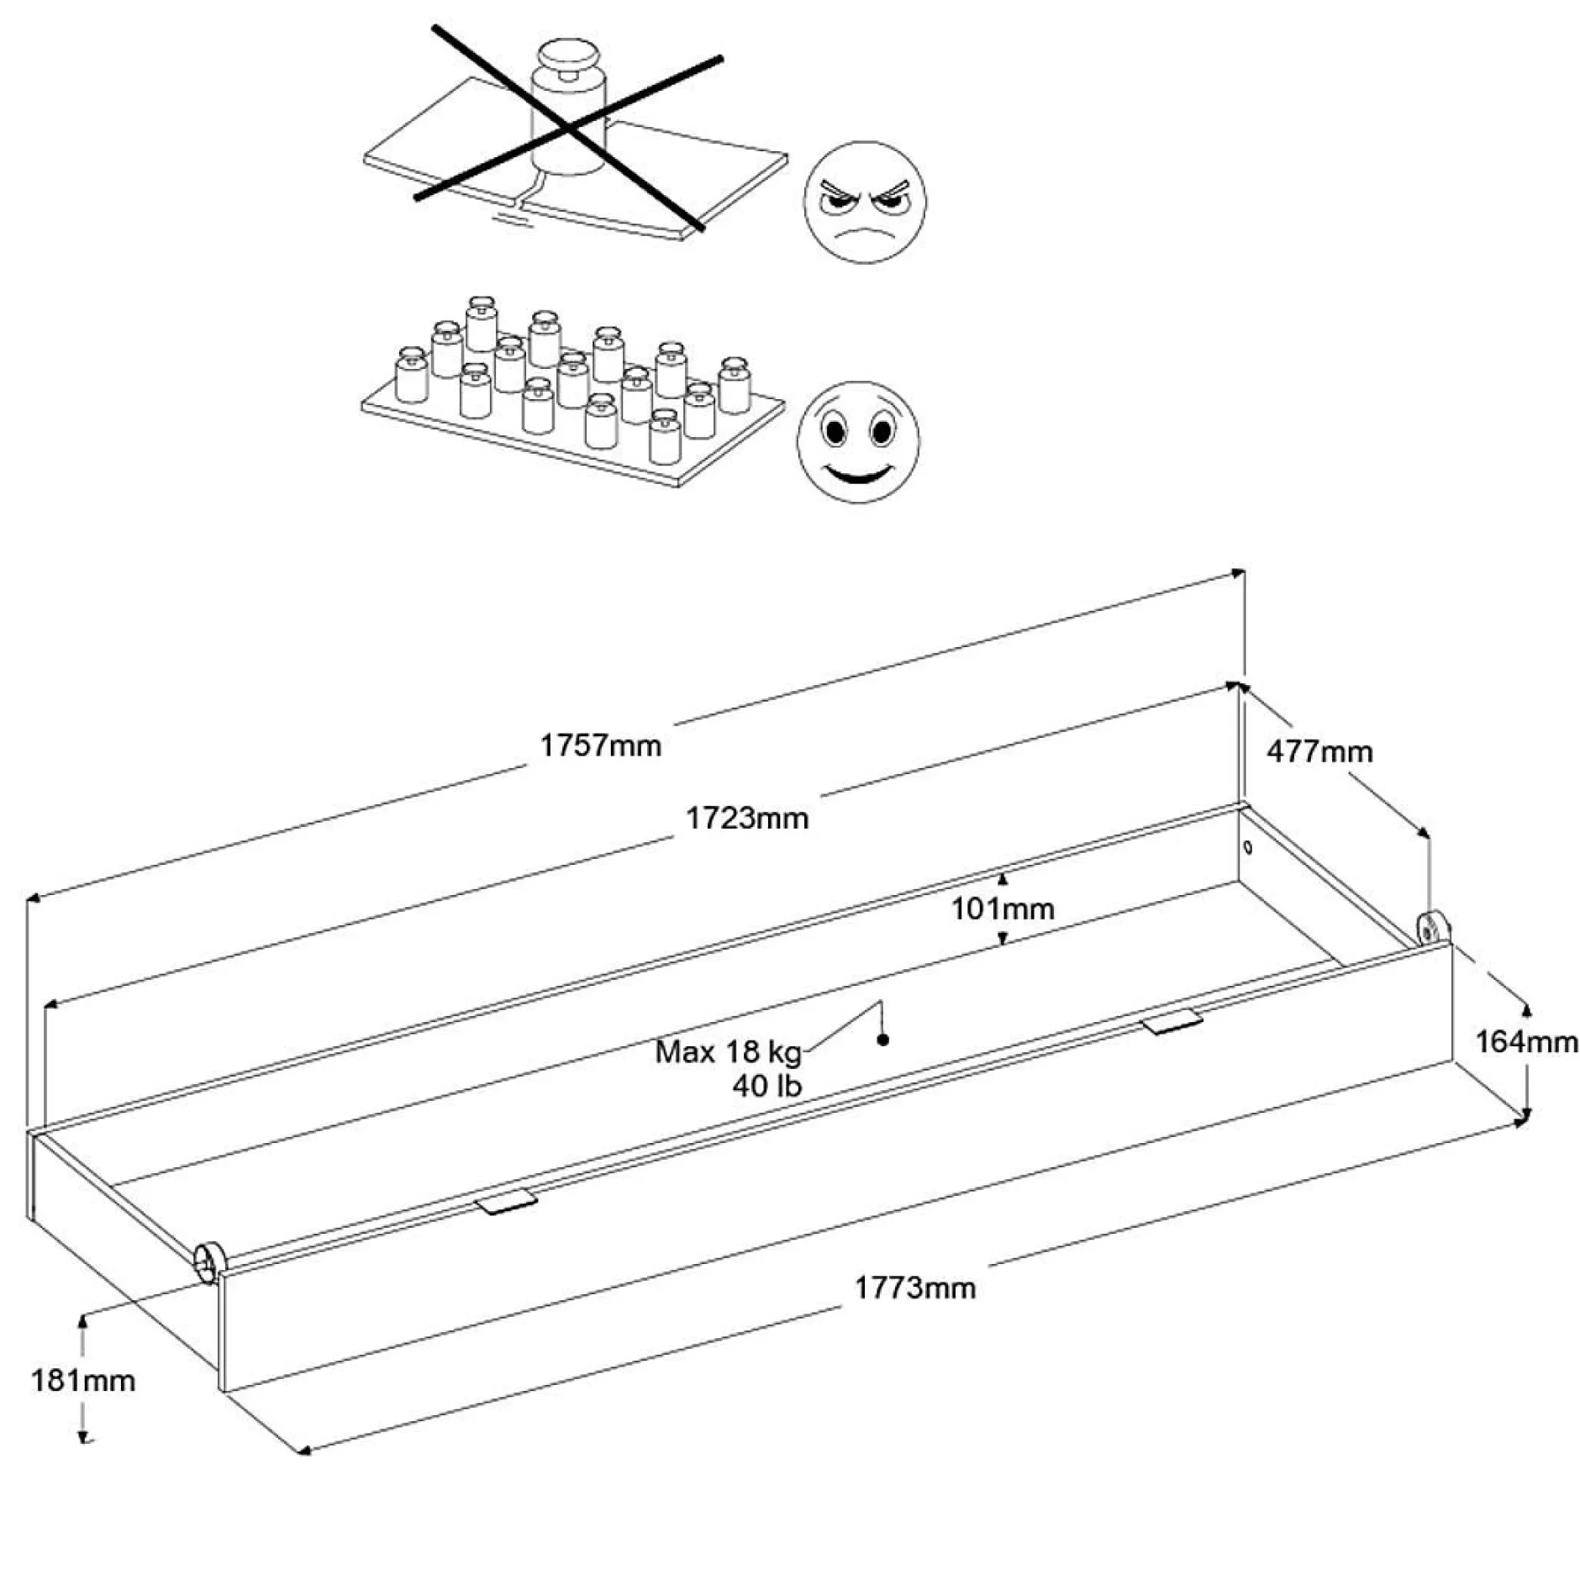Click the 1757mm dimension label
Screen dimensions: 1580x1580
click(x=600, y=745)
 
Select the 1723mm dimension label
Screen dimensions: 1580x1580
click(x=747, y=818)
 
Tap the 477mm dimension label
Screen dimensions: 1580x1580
click(x=1319, y=750)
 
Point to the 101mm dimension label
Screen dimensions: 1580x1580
click(x=1003, y=908)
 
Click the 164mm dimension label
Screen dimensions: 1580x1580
click(x=1526, y=1041)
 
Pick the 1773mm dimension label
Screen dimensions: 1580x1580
click(x=914, y=1288)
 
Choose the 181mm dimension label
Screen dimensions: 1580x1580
click(x=82, y=1380)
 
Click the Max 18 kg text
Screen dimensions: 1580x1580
click(x=728, y=1051)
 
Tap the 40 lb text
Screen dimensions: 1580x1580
click(x=766, y=1086)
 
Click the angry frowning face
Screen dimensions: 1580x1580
click(x=865, y=203)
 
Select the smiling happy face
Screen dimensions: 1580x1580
click(x=858, y=442)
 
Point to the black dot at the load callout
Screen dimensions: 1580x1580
click(x=882, y=1040)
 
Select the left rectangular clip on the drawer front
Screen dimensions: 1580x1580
click(x=506, y=1203)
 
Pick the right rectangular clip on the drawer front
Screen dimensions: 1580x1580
click(x=1172, y=1023)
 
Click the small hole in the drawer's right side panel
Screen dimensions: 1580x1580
click(x=1247, y=846)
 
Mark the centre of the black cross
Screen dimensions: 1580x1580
click(x=569, y=129)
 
